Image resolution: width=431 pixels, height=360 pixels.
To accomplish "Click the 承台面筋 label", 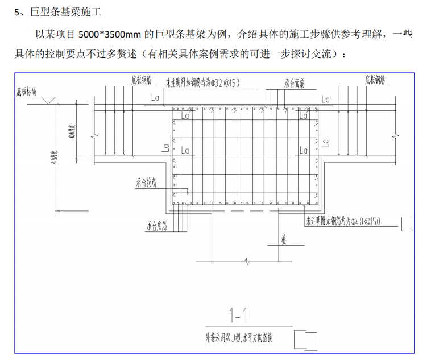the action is tap(295, 84).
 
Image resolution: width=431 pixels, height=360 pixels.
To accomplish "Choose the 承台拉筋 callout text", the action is tap(146, 183).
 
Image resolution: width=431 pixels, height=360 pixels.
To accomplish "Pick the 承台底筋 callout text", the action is tap(156, 226).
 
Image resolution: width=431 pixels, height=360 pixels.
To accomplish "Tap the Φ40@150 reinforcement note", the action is tap(343, 221).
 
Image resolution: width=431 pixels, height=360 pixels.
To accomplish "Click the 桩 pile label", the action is tap(283, 241).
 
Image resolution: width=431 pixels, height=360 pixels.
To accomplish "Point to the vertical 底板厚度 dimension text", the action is tap(72, 133).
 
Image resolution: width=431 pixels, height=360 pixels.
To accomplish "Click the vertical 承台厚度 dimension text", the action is tap(52, 159).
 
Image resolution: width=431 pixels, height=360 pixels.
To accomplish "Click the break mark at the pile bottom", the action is tap(245, 262).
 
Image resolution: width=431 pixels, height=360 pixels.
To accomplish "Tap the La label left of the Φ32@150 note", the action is tap(155, 97).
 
